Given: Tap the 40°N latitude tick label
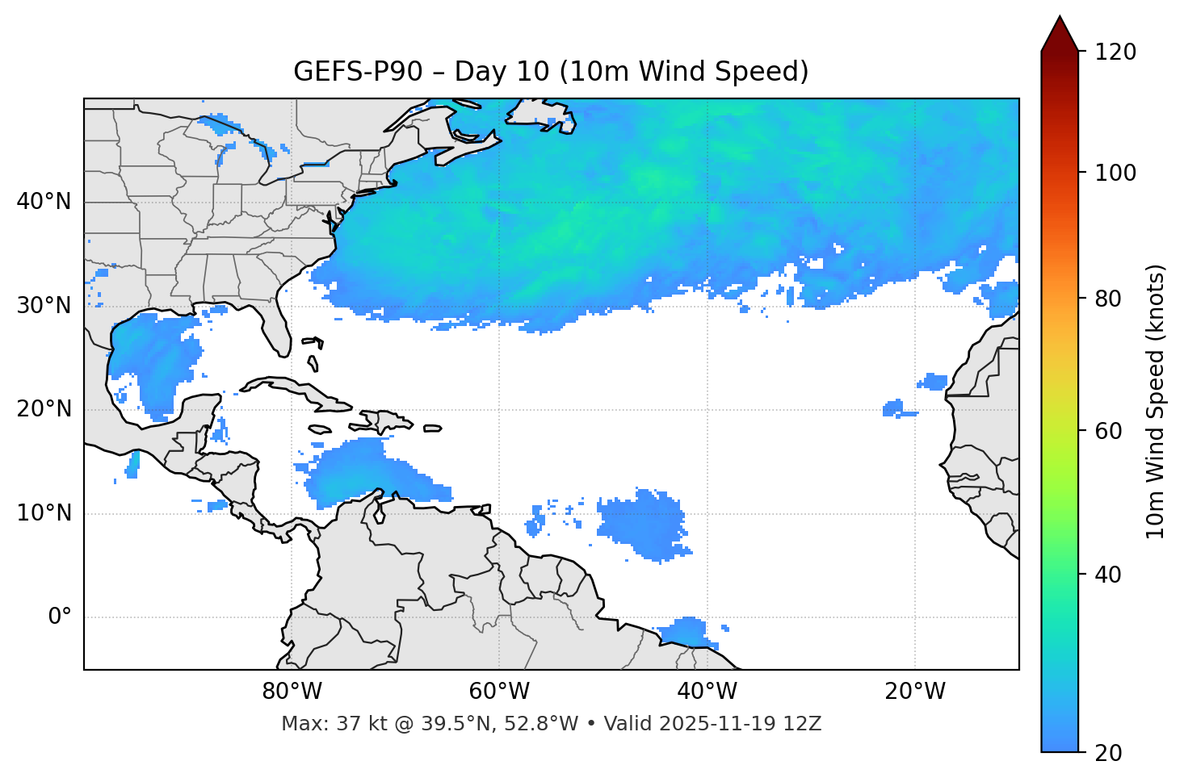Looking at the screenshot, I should click(x=44, y=202).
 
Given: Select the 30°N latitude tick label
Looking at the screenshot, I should click(x=44, y=306).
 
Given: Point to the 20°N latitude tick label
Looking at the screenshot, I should click(x=44, y=409).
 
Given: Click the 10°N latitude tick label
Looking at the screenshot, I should click(x=44, y=513).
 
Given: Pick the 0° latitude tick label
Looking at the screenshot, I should click(x=59, y=617).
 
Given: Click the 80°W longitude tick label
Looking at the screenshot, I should click(x=292, y=692).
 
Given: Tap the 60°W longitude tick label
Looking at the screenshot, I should click(x=499, y=692).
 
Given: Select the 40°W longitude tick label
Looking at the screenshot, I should click(x=707, y=692).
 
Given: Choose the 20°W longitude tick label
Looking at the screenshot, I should click(x=914, y=692).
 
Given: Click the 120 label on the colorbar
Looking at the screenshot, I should click(x=1115, y=52).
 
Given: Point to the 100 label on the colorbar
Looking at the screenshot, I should click(x=1115, y=174).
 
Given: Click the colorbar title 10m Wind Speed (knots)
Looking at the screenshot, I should click(x=1156, y=402).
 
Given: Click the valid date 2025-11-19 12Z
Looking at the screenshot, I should click(x=740, y=724).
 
